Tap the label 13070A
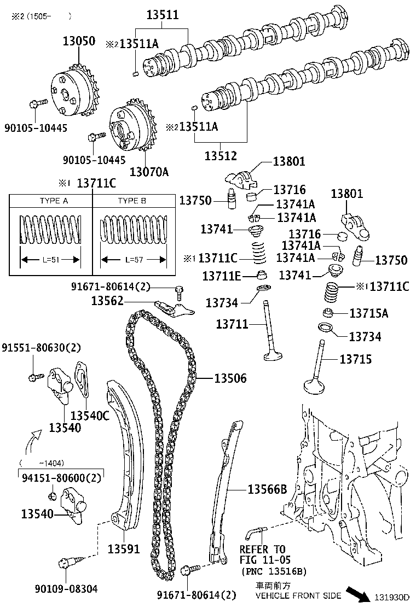(x=149, y=172)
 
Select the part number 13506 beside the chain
(x=230, y=378)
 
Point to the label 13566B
(x=267, y=490)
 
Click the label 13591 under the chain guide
(x=123, y=548)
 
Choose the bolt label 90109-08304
(x=66, y=589)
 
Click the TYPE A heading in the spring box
(x=54, y=201)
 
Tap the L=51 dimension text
(x=50, y=259)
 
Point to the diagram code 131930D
(x=392, y=597)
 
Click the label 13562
(x=107, y=301)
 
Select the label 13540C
(x=90, y=416)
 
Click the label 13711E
(x=221, y=276)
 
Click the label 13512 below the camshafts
(x=221, y=156)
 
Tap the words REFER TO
(x=263, y=549)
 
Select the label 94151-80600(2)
(x=62, y=478)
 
